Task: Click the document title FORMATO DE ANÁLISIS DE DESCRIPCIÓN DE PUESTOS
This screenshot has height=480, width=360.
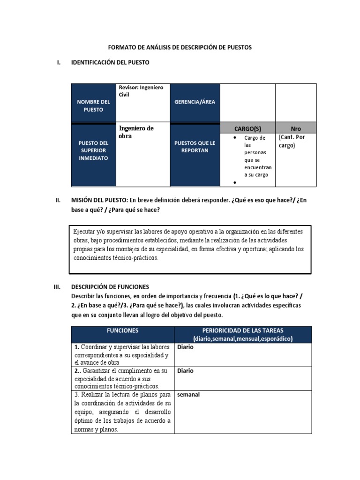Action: pyautogui.click(x=180, y=47)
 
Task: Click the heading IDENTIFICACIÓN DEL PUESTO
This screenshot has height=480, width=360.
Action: pyautogui.click(x=110, y=62)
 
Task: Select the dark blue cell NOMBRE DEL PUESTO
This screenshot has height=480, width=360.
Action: pyautogui.click(x=93, y=105)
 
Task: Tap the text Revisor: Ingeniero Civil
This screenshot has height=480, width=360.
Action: pyautogui.click(x=141, y=91)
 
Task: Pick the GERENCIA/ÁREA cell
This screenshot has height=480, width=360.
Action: pyautogui.click(x=195, y=102)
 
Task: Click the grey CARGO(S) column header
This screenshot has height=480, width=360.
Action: pyautogui.click(x=247, y=128)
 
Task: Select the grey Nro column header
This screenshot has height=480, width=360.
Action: pyautogui.click(x=296, y=128)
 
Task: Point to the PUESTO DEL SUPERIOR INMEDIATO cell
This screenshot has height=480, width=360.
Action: pyautogui.click(x=93, y=150)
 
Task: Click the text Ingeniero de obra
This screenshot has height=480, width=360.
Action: pyautogui.click(x=136, y=132)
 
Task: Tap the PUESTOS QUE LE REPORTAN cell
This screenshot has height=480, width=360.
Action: pyautogui.click(x=195, y=147)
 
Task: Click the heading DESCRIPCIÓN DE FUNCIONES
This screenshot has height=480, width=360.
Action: pyautogui.click(x=110, y=286)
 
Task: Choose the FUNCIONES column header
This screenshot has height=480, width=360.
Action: pyautogui.click(x=122, y=330)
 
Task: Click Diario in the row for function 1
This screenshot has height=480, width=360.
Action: pyautogui.click(x=185, y=348)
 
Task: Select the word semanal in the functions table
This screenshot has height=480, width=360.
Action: pyautogui.click(x=188, y=395)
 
